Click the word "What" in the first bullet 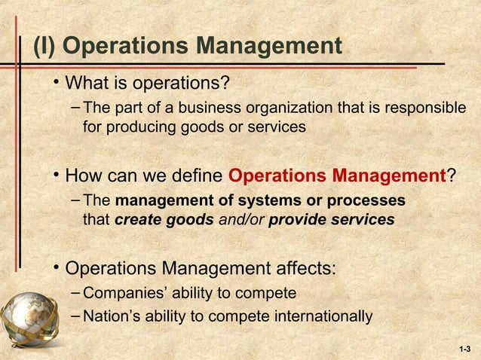click(90, 81)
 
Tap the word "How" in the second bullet click(84, 176)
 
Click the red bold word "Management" click(387, 176)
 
